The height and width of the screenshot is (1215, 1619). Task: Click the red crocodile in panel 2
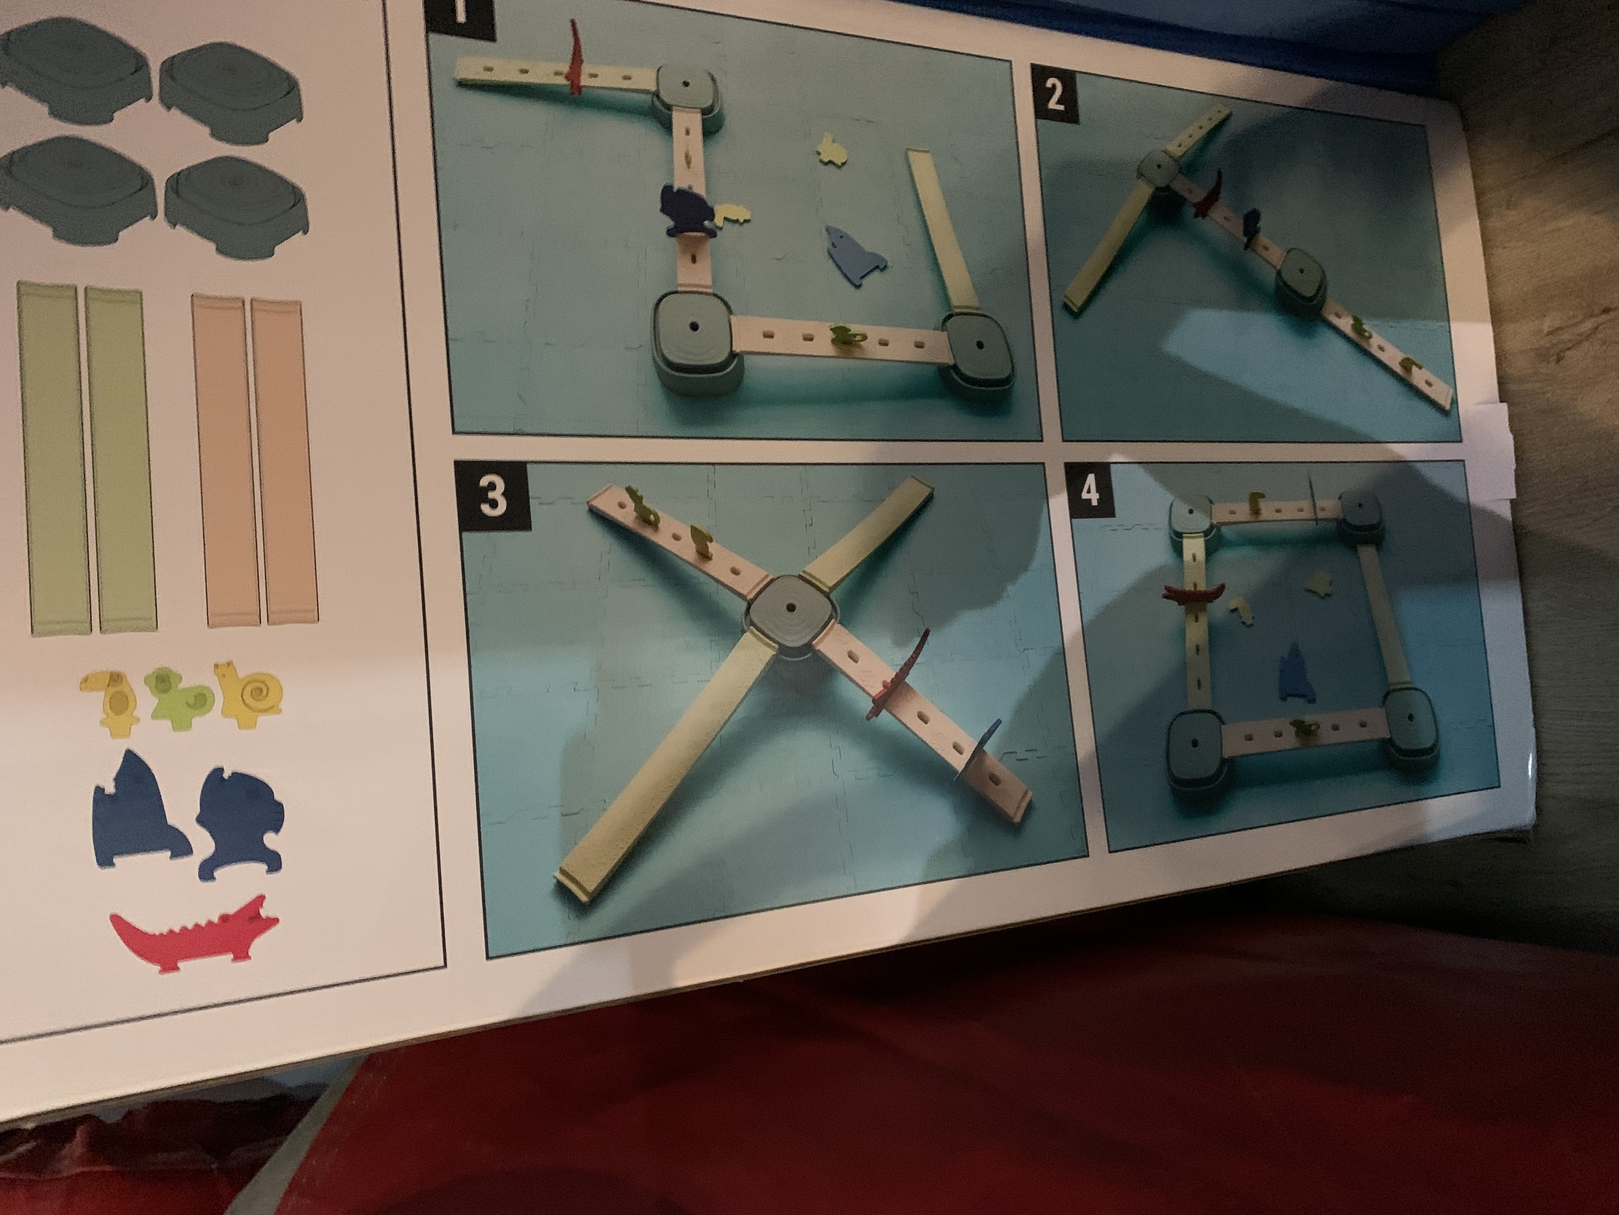click(1208, 194)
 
